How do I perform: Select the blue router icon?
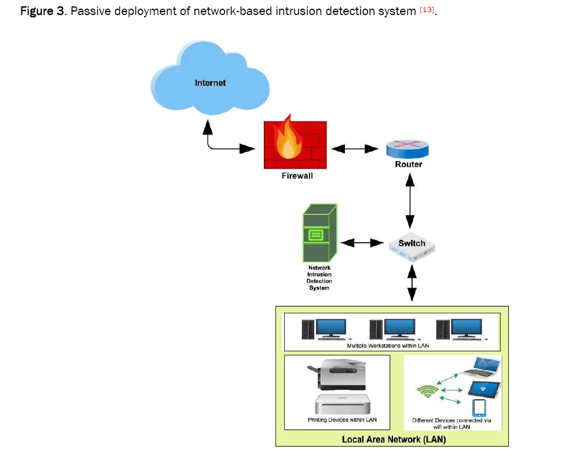coord(409,148)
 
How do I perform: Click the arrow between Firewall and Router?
coord(354,149)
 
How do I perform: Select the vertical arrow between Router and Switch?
coord(410,200)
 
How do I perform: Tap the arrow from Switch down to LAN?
coord(411,283)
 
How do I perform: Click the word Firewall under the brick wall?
coord(297,176)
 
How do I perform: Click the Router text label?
coord(409,164)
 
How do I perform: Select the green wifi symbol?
coord(426,392)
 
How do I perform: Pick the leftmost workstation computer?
coord(323,329)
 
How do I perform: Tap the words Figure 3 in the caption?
coord(42,12)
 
